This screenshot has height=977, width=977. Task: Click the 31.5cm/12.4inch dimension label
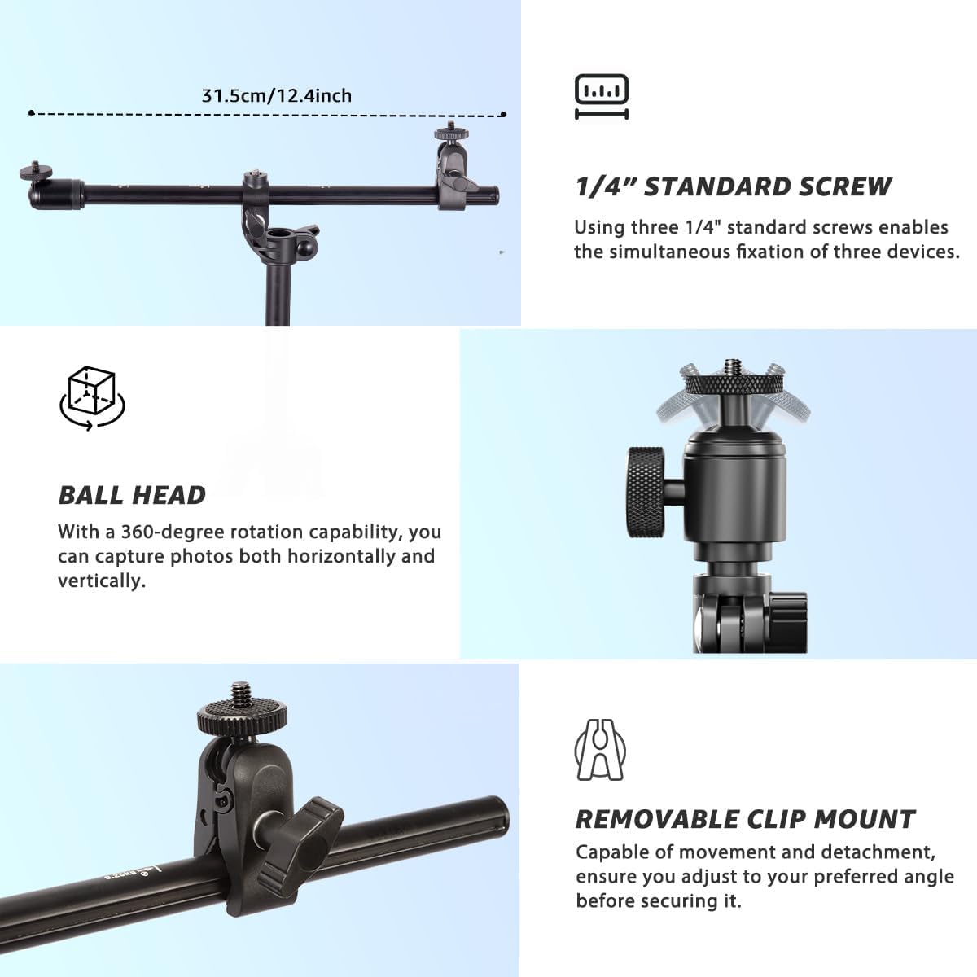[277, 95]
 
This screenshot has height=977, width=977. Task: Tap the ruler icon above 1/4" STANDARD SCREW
[602, 96]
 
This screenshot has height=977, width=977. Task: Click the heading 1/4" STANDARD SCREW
[733, 186]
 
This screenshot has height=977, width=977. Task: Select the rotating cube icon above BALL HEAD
[91, 398]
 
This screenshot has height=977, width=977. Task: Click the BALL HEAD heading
[132, 495]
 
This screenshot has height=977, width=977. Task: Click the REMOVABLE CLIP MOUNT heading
[745, 819]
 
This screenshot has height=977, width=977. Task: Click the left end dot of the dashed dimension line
[31, 112]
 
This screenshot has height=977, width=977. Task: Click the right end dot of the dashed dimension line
[504, 114]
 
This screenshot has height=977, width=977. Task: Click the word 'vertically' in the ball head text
[100, 581]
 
